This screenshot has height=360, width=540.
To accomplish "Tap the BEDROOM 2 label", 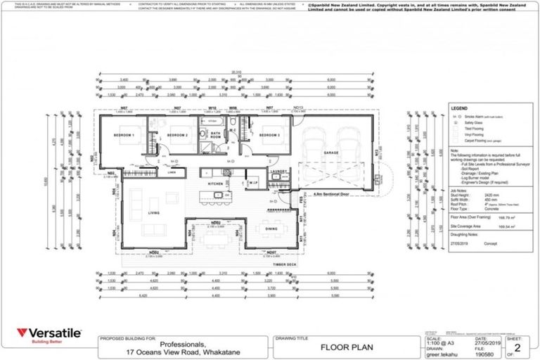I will click(x=176, y=134).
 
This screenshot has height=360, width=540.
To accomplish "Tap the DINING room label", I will click(x=271, y=229).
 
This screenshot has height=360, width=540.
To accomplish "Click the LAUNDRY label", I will click(x=279, y=171).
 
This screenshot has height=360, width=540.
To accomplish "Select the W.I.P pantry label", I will click(x=253, y=184).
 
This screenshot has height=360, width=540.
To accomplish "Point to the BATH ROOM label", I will click(x=215, y=134).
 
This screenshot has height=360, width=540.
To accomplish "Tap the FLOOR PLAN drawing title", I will click(x=342, y=347).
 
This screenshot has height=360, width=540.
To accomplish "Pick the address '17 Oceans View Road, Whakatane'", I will click(x=181, y=351).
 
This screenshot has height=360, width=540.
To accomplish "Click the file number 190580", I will click(x=476, y=352).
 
